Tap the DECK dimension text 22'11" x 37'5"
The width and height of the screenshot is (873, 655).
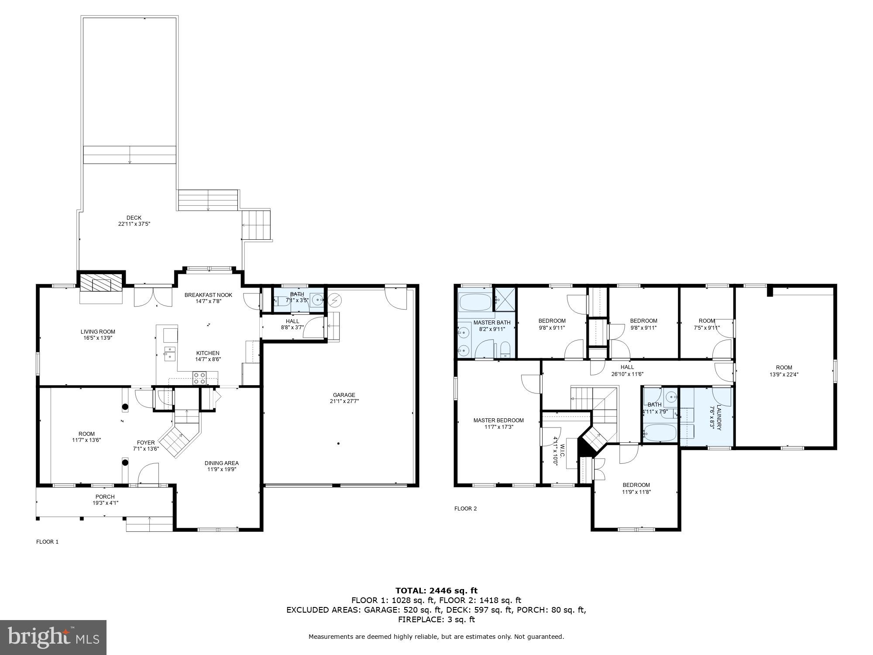(x=134, y=224)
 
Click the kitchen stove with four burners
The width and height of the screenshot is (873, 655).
(x=199, y=378)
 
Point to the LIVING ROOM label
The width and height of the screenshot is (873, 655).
(x=98, y=332)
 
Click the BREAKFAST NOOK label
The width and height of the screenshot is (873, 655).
(x=208, y=295)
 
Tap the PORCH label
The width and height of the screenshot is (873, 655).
(x=105, y=497)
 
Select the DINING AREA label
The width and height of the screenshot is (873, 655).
(x=222, y=463)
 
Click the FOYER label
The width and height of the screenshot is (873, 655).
(x=146, y=443)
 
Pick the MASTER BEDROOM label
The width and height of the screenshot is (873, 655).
(x=498, y=421)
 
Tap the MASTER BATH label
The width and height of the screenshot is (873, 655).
(x=491, y=323)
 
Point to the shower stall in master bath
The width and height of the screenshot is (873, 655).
(x=505, y=299)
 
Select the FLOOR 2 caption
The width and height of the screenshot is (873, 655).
(x=465, y=509)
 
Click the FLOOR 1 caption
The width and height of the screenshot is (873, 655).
(x=47, y=542)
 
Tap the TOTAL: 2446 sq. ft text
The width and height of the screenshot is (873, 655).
(x=436, y=591)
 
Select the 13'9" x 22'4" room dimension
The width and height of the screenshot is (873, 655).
(x=784, y=374)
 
